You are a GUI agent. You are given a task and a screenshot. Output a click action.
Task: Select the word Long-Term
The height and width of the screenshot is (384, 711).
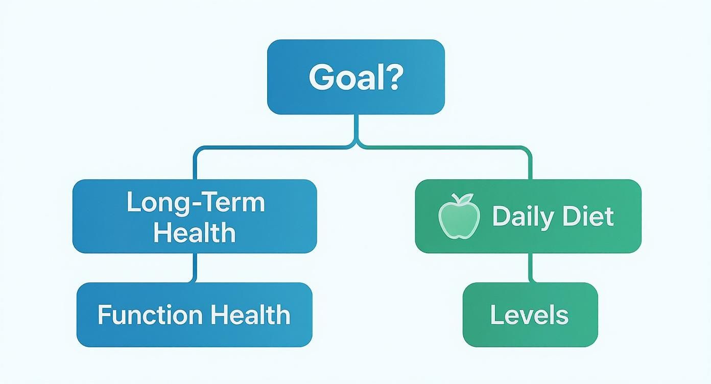pyautogui.click(x=196, y=202)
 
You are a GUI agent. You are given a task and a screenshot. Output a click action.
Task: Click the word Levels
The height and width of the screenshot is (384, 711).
pyautogui.click(x=529, y=315)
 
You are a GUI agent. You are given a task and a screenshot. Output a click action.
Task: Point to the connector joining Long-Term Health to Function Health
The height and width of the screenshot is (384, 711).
pyautogui.click(x=195, y=268)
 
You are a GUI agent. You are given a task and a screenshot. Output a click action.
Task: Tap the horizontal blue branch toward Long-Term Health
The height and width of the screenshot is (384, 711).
pyautogui.click(x=271, y=148)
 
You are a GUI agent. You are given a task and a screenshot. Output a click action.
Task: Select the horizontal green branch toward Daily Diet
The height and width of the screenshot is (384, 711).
pyautogui.click(x=444, y=148)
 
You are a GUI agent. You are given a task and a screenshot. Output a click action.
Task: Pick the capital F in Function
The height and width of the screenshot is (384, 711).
pyautogui.click(x=104, y=315)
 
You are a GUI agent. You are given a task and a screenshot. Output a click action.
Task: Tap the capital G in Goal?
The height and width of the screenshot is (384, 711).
pyautogui.click(x=321, y=78)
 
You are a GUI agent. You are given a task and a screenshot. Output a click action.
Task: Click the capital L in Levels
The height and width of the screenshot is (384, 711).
pyautogui.click(x=495, y=315)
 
